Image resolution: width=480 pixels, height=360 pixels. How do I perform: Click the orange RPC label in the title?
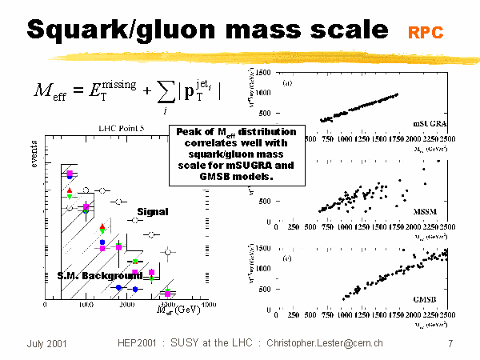[x=425, y=33]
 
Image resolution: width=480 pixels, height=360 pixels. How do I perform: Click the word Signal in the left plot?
[x=152, y=212]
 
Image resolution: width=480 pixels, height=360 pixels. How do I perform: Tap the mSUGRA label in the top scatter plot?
[x=430, y=125]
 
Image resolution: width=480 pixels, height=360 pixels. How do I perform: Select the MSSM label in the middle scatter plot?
[x=433, y=214]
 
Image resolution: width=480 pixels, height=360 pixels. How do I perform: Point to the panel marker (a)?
[x=285, y=82]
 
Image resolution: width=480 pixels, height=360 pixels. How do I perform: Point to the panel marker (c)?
[x=285, y=257]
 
